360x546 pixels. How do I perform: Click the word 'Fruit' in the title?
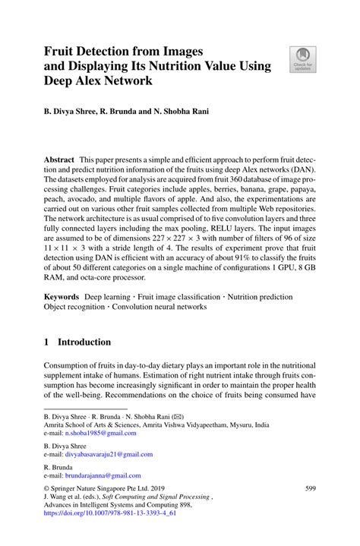pos(62,51)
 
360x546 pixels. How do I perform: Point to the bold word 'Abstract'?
pos(58,160)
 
